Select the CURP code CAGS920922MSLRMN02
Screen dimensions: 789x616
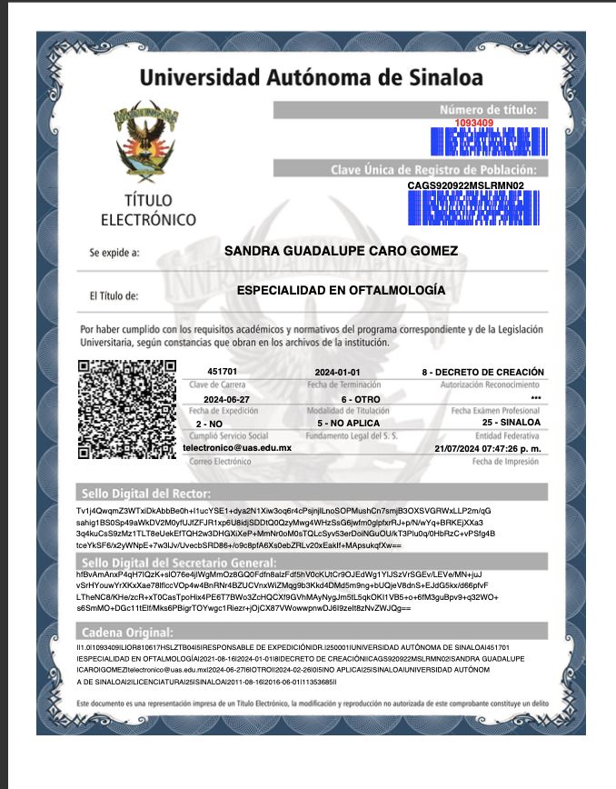click(x=466, y=185)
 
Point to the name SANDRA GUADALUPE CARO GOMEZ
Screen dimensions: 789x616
click(x=341, y=251)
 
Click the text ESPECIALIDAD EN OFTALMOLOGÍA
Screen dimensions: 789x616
click(x=341, y=291)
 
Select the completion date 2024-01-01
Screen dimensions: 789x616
click(x=337, y=373)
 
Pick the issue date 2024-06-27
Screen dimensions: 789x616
click(x=226, y=399)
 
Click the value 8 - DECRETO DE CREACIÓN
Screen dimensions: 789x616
click(x=482, y=372)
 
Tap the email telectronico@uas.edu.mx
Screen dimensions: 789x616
click(x=237, y=448)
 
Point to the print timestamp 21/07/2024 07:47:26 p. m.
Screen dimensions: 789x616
click(x=488, y=448)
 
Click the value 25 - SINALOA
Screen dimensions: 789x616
click(x=512, y=424)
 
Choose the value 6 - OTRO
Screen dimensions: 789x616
click(x=361, y=399)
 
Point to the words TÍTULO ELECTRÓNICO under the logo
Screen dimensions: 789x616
click(x=148, y=210)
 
